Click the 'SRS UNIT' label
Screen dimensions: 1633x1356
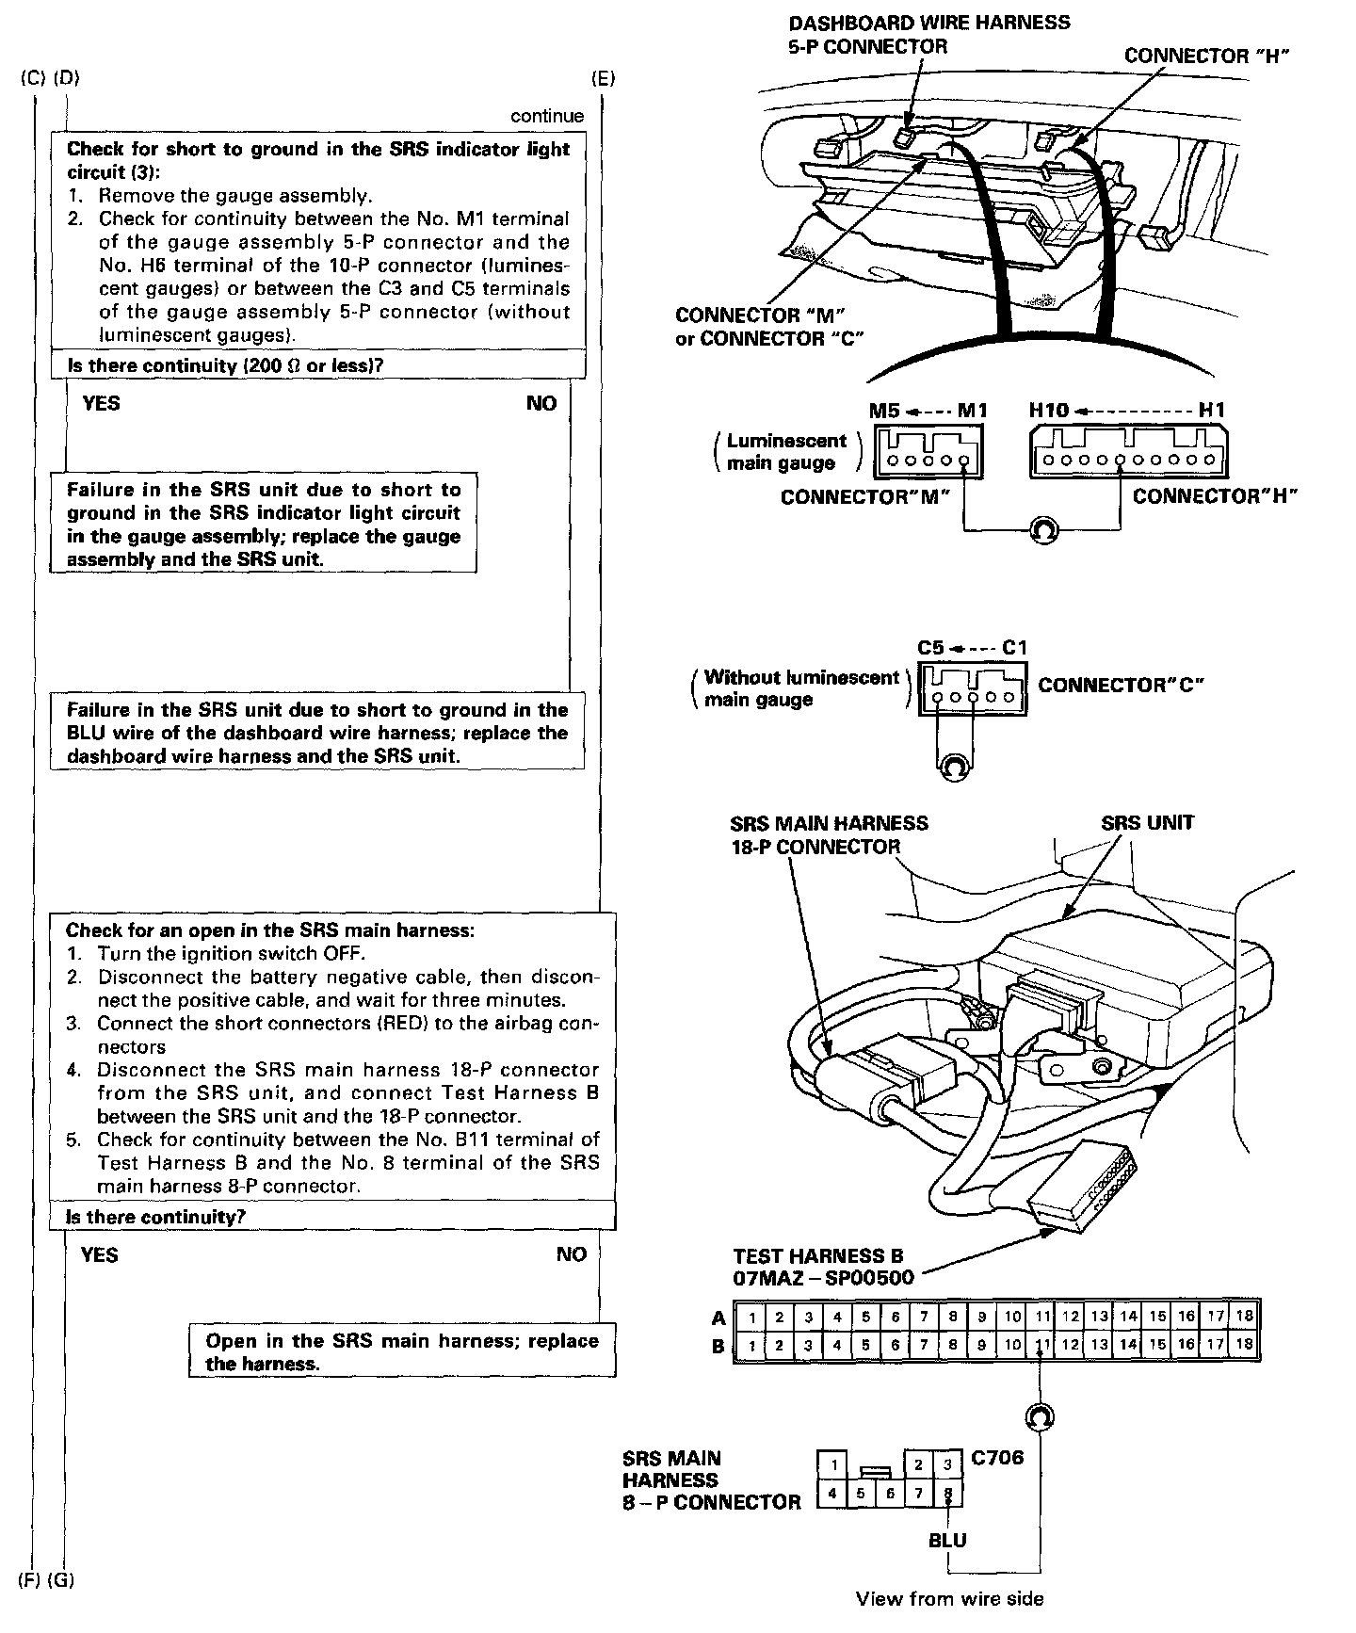tap(1147, 823)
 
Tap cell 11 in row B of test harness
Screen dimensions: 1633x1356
tap(1041, 1346)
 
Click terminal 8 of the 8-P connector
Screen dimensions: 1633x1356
tap(948, 1494)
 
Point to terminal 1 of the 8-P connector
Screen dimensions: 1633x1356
tap(832, 1465)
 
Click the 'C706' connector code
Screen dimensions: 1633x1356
tap(996, 1459)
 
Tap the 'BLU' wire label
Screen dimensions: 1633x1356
tap(947, 1541)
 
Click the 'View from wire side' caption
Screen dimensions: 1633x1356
tap(949, 1598)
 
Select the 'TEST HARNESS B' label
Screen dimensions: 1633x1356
tap(817, 1255)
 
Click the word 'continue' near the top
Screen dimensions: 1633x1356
tap(547, 116)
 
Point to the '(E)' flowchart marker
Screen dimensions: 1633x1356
tap(603, 78)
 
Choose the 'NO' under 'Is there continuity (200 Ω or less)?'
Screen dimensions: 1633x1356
tap(541, 403)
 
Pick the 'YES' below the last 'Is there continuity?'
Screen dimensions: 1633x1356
tap(100, 1254)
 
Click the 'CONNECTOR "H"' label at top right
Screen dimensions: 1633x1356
tap(1205, 56)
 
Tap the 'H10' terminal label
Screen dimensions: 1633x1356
tap(1048, 411)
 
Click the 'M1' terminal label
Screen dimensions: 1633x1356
tap(972, 411)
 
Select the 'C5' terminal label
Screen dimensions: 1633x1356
tap(930, 648)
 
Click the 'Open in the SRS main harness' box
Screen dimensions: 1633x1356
tap(402, 1351)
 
